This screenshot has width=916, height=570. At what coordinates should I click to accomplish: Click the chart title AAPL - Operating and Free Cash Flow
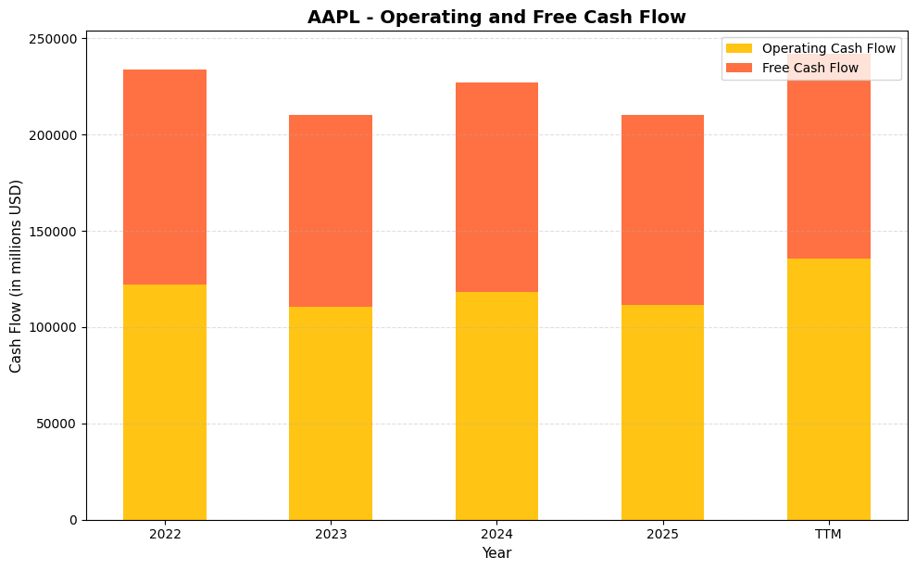pos(496,17)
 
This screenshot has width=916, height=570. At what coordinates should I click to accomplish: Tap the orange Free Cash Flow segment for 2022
pos(165,177)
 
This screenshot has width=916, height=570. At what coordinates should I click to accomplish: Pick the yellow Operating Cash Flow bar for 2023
pos(331,412)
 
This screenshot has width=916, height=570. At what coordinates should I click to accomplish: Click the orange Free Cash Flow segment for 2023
pos(331,210)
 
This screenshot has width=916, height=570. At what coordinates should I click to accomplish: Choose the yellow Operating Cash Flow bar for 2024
pos(496,405)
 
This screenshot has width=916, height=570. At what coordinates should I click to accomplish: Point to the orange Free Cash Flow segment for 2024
pos(496,187)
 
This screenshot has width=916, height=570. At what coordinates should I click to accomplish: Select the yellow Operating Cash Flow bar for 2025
pos(662,412)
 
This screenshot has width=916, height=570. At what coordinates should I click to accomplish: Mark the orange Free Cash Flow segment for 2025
pos(662,209)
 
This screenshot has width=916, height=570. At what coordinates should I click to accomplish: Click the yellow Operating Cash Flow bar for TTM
pos(828,388)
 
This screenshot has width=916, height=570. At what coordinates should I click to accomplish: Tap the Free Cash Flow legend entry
pos(809,68)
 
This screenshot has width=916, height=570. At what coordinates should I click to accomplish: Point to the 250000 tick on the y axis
pos(54,39)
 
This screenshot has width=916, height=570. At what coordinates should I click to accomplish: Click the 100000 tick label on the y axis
pos(54,328)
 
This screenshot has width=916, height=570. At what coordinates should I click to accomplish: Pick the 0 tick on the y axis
pos(72,520)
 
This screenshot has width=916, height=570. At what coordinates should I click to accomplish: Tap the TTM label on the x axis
pos(828,535)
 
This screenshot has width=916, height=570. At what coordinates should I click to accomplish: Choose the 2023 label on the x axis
pos(331,535)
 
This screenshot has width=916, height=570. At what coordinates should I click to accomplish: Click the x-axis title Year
pos(496,553)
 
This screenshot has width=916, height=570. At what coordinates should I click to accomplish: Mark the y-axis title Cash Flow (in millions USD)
pos(16,276)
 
